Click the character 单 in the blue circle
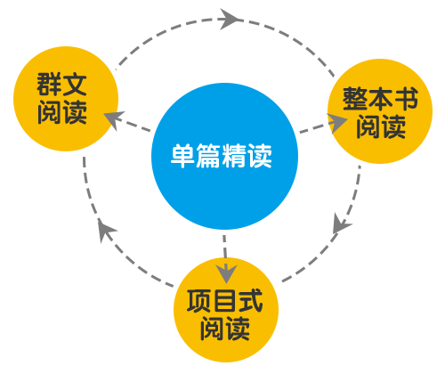(182, 156)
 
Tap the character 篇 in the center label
(208, 156)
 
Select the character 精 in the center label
(234, 156)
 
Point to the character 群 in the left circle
(49, 85)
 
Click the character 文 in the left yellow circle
(75, 85)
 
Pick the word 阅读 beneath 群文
(62, 112)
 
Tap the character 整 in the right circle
(355, 99)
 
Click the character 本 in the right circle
(380, 99)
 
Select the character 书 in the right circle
(406, 99)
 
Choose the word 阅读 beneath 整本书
(381, 126)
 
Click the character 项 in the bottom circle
(199, 300)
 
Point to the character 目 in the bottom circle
(224, 300)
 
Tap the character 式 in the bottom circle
(250, 300)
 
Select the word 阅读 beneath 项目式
(225, 329)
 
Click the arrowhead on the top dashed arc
(230, 20)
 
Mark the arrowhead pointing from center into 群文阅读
(114, 119)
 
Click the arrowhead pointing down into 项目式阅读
(226, 273)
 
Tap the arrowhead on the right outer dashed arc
(341, 224)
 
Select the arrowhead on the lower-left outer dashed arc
(106, 231)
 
